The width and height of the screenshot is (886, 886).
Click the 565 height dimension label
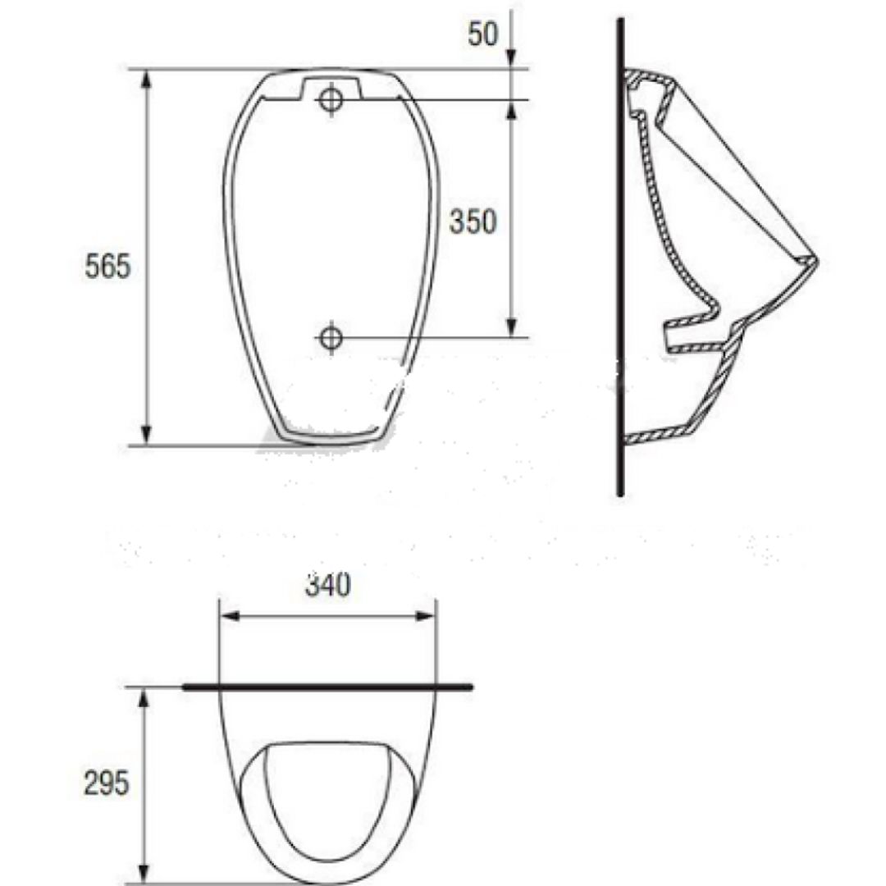[x=107, y=266]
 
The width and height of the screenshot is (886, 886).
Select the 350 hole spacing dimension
[x=473, y=221]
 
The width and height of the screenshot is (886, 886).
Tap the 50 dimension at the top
[x=483, y=34]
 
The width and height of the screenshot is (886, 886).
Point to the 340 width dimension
[x=327, y=585]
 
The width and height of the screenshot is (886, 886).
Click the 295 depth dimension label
[x=106, y=783]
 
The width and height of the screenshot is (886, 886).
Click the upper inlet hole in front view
[x=331, y=99]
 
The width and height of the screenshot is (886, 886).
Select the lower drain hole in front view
[x=331, y=338]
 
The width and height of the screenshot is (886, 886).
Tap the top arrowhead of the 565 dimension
[x=146, y=79]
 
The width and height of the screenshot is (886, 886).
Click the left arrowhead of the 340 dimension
[x=230, y=616]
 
